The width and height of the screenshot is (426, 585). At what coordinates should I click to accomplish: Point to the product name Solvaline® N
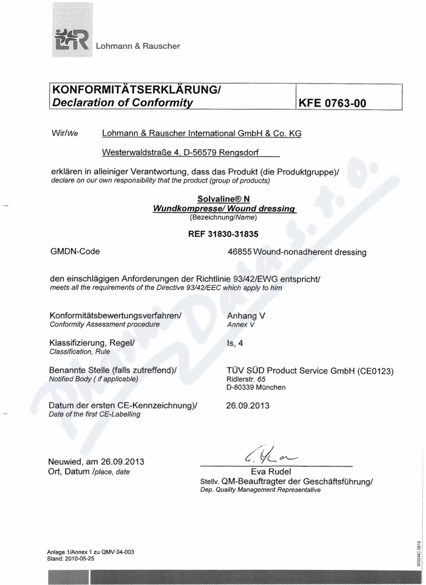pyautogui.click(x=224, y=200)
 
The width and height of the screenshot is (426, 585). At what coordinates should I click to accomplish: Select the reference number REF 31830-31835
pyautogui.click(x=224, y=232)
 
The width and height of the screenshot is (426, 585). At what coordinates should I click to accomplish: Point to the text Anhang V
pyautogui.click(x=246, y=315)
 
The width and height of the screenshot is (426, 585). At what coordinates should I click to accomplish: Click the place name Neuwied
pyautogui.click(x=67, y=461)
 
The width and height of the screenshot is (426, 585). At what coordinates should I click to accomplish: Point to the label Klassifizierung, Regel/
pyautogui.click(x=92, y=344)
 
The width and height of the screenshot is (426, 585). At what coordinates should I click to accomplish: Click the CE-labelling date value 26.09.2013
pyautogui.click(x=248, y=406)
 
